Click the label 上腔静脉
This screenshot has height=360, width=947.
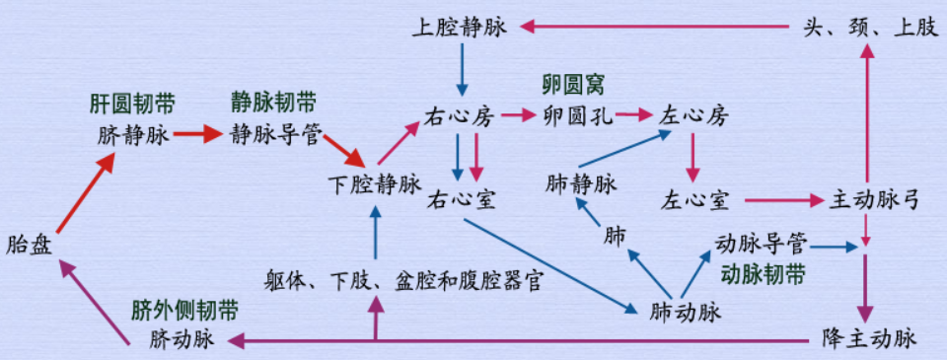(460, 28)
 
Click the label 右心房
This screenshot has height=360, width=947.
(459, 116)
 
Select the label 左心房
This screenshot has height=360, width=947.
(694, 116)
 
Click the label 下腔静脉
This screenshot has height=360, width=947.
(375, 183)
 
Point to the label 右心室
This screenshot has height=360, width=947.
(461, 200)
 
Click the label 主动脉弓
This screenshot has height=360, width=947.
(874, 200)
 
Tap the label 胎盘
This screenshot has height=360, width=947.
(30, 244)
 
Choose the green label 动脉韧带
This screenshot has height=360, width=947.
(763, 273)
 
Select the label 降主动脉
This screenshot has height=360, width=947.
(869, 338)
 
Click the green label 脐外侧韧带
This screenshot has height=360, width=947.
(184, 311)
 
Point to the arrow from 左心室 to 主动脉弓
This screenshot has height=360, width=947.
(783, 200)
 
